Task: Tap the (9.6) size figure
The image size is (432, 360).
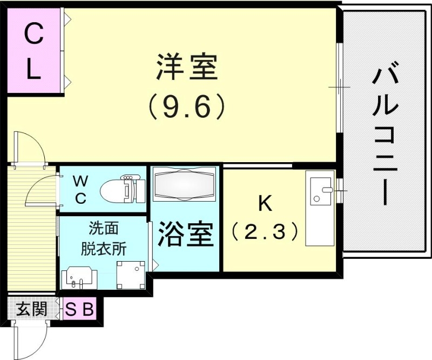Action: [x=186, y=106]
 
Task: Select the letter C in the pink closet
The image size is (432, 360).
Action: [x=33, y=36]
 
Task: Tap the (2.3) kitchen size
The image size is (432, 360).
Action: [x=265, y=232]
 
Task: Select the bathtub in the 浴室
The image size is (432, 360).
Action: [x=184, y=184]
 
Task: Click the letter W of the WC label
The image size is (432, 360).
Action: [x=79, y=180]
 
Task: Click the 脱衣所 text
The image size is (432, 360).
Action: [x=104, y=249]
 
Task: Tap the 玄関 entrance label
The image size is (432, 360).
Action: [x=31, y=309]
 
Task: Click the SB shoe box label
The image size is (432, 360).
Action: [x=80, y=310]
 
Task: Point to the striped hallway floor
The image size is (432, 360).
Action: [x=31, y=243]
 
